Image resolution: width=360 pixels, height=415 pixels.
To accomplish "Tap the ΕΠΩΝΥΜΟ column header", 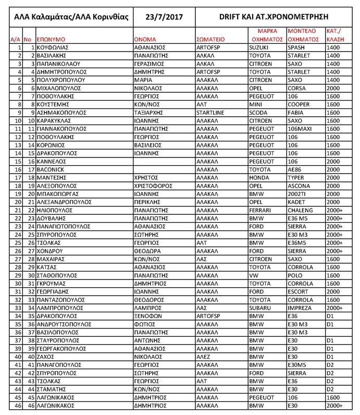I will (51, 39).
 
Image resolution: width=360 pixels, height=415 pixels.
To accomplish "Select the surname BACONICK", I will (51, 169).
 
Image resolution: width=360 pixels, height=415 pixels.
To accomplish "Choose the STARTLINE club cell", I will (211, 113).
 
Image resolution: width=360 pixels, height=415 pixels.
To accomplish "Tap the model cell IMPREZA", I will (301, 308).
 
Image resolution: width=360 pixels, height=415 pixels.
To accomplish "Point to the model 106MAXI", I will (301, 129).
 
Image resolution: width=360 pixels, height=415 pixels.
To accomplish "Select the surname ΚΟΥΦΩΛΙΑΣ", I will (54, 47).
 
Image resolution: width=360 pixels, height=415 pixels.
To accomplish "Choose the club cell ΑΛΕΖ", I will (204, 357).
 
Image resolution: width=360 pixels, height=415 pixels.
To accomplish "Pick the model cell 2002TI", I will (299, 193).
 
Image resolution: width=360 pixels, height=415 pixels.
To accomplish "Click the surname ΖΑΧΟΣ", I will (46, 357).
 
